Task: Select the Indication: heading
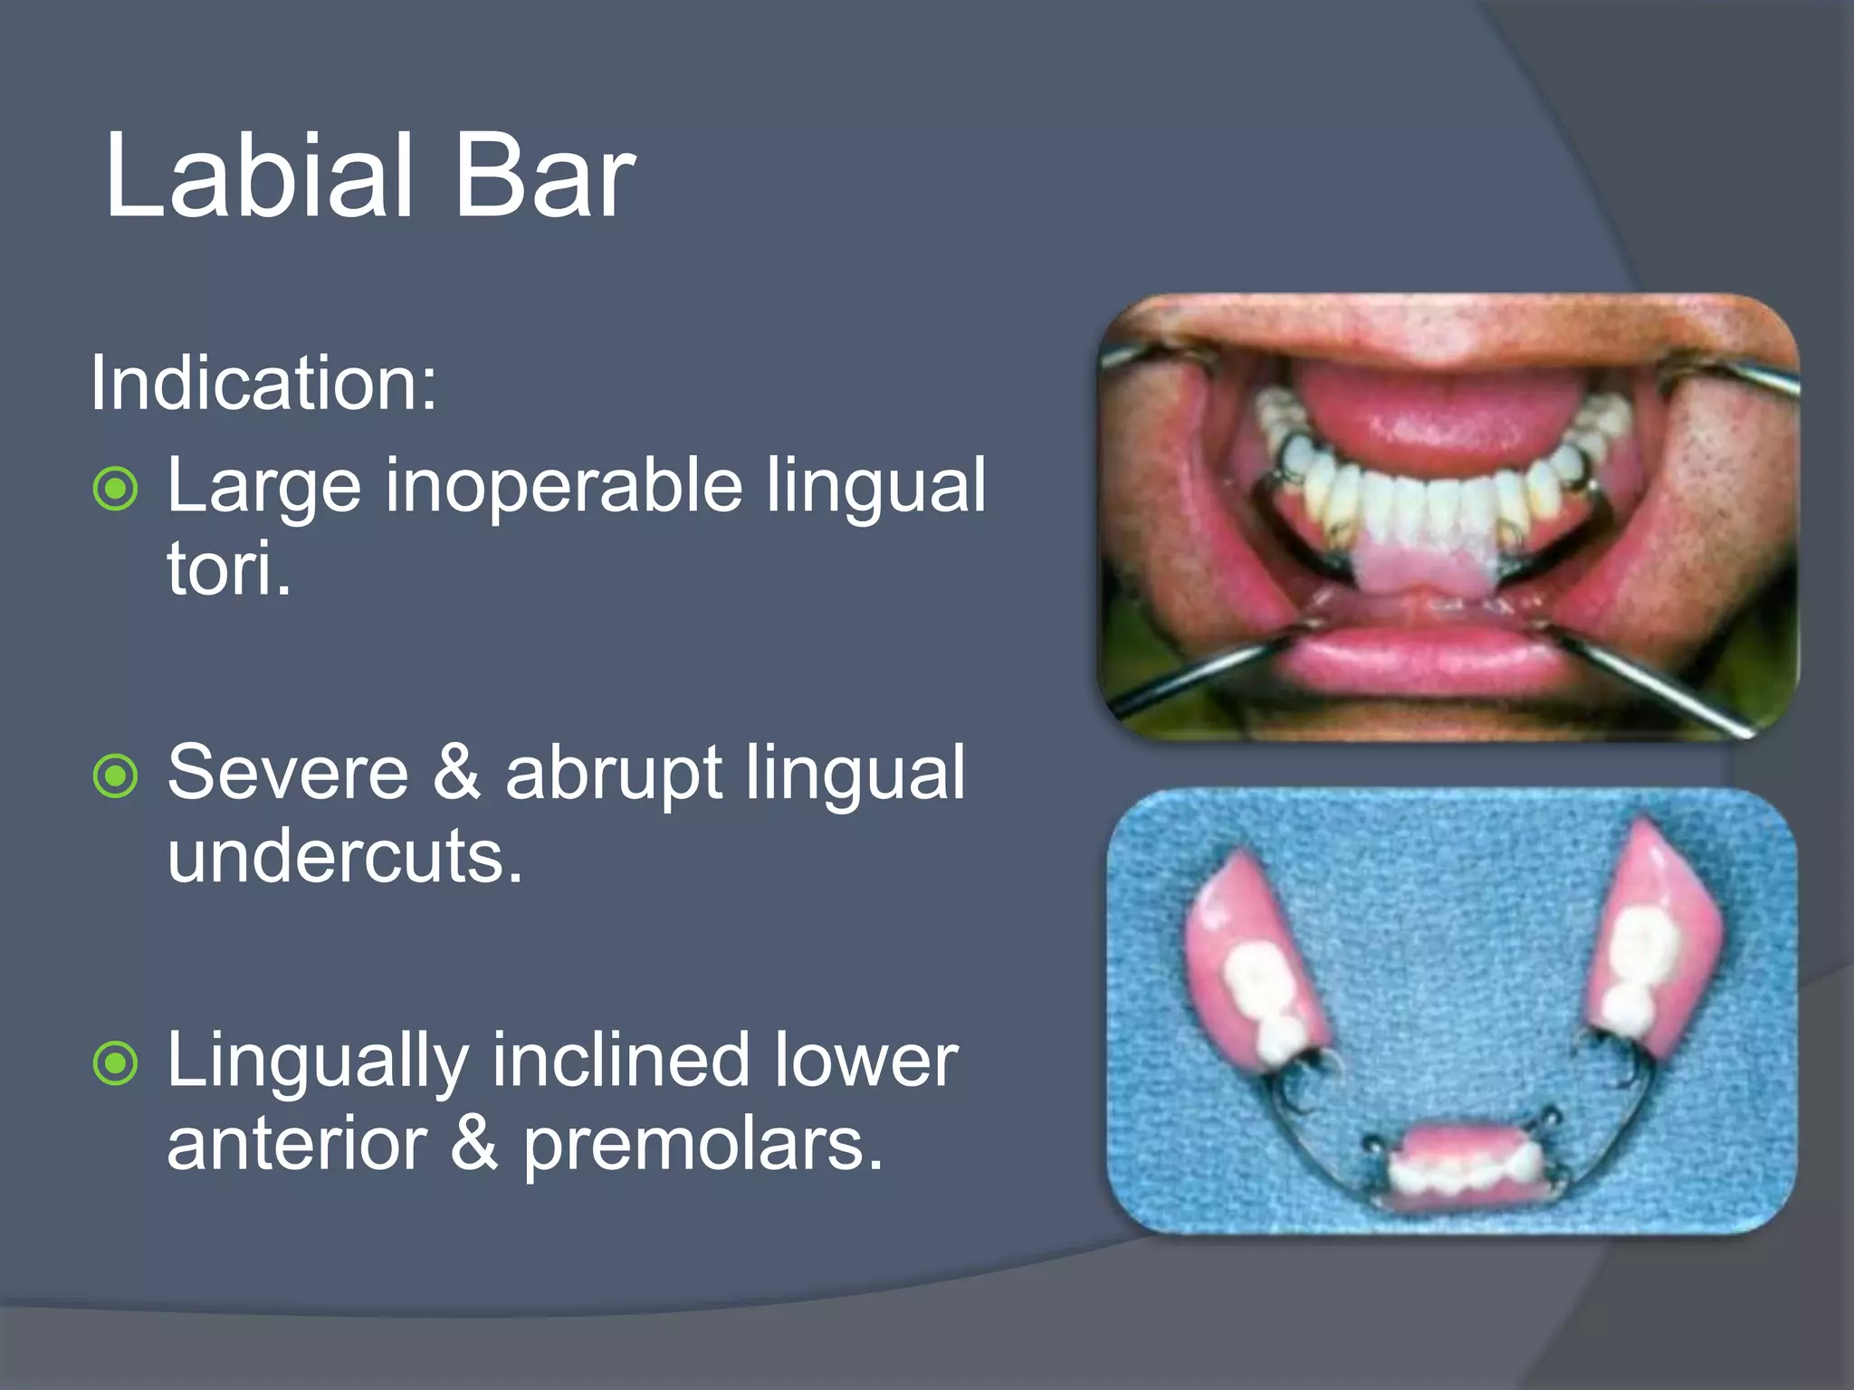point(263,385)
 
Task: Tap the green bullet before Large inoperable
point(116,490)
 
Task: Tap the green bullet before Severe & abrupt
point(116,776)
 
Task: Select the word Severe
point(288,774)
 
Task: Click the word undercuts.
point(345,857)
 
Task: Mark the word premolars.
point(702,1146)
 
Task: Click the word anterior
point(297,1146)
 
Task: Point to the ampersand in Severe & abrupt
point(456,774)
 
